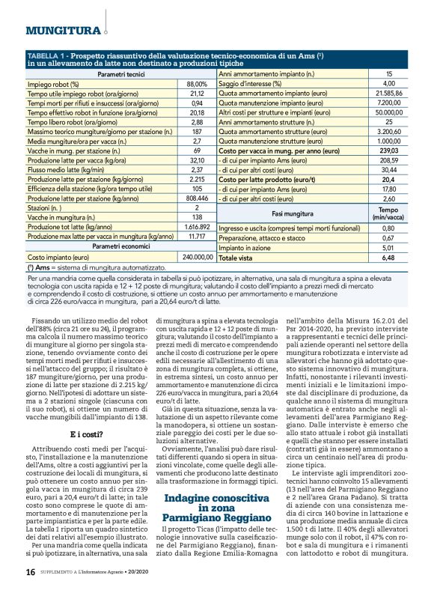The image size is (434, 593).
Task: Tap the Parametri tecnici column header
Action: (x=121, y=75)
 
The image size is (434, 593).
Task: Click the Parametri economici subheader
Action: (x=121, y=246)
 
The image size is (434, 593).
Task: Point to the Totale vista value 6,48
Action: (x=388, y=257)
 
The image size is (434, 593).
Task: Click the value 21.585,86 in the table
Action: (x=388, y=94)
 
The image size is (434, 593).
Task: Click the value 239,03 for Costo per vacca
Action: (x=388, y=150)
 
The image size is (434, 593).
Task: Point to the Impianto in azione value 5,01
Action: (x=388, y=247)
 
